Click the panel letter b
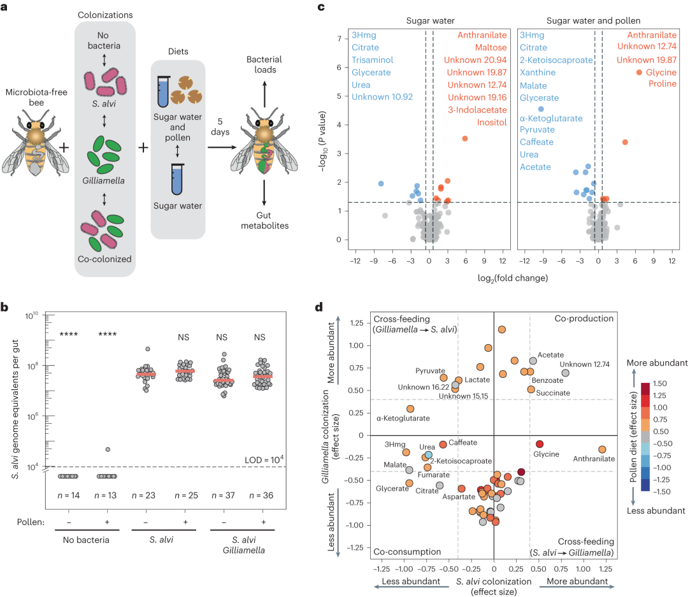pos(4,307)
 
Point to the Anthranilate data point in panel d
pos(602,449)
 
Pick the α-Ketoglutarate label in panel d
pos(403,419)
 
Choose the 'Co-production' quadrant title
pos(584,319)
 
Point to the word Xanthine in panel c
pos(538,73)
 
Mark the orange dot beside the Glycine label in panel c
pos(639,73)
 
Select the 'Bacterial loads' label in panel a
pos(265,64)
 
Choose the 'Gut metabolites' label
pos(265,221)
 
